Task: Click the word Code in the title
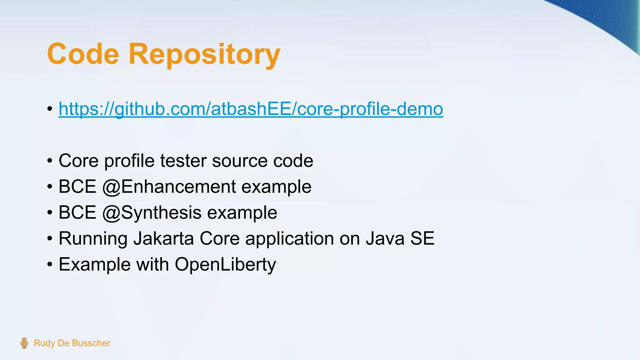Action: [83, 54]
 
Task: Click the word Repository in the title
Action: [204, 55]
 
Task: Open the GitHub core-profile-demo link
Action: [251, 109]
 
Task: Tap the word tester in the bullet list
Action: [183, 161]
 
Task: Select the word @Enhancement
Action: [169, 187]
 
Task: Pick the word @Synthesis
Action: [152, 213]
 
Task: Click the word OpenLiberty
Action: [225, 265]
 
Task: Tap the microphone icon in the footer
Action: [24, 343]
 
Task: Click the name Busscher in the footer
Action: [91, 343]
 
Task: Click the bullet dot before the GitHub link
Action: [50, 109]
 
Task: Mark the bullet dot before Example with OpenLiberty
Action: [50, 265]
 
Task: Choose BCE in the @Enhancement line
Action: [77, 187]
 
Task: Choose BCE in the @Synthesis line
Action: [77, 213]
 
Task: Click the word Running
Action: [93, 239]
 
